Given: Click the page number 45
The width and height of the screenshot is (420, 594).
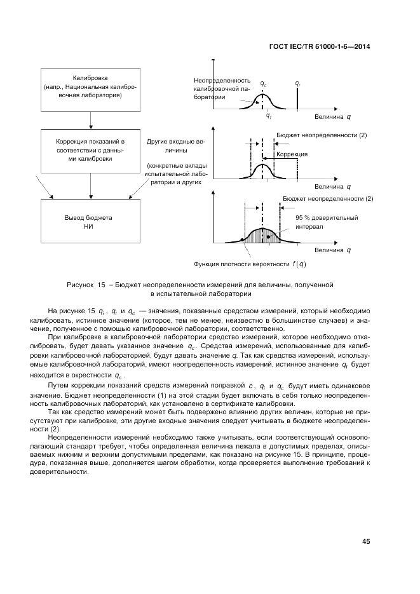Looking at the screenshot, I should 366,542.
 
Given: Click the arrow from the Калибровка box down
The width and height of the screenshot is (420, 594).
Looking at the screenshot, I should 91,118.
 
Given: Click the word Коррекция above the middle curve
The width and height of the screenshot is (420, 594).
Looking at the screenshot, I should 292,154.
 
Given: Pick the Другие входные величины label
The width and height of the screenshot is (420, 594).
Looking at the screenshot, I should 173,147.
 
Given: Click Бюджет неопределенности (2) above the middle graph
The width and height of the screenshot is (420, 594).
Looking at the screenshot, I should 322,135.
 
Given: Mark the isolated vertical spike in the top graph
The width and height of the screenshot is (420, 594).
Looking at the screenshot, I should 297,100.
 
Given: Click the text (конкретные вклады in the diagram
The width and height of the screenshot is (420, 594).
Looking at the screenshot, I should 173,165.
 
